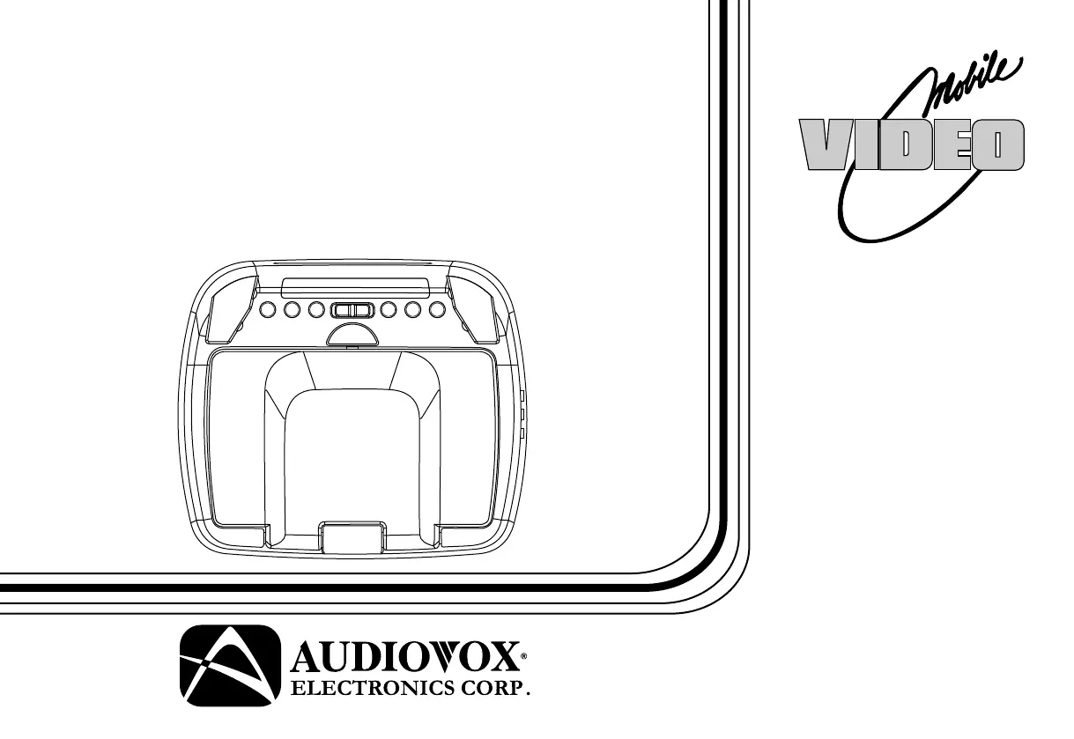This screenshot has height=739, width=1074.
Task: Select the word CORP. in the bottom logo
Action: [x=499, y=688]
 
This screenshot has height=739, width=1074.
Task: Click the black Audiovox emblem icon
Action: [x=224, y=668]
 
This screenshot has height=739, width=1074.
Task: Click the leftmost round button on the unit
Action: [x=269, y=310]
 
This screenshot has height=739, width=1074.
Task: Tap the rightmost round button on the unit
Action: [x=437, y=310]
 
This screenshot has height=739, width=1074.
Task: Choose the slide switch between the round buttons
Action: [x=352, y=310]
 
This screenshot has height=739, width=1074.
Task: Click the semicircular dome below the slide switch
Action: [x=352, y=334]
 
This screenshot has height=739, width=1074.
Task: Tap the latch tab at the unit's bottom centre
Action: [x=352, y=537]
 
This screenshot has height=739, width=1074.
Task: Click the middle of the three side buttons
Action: [x=522, y=414]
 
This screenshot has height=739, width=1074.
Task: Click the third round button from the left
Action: [x=316, y=310]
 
